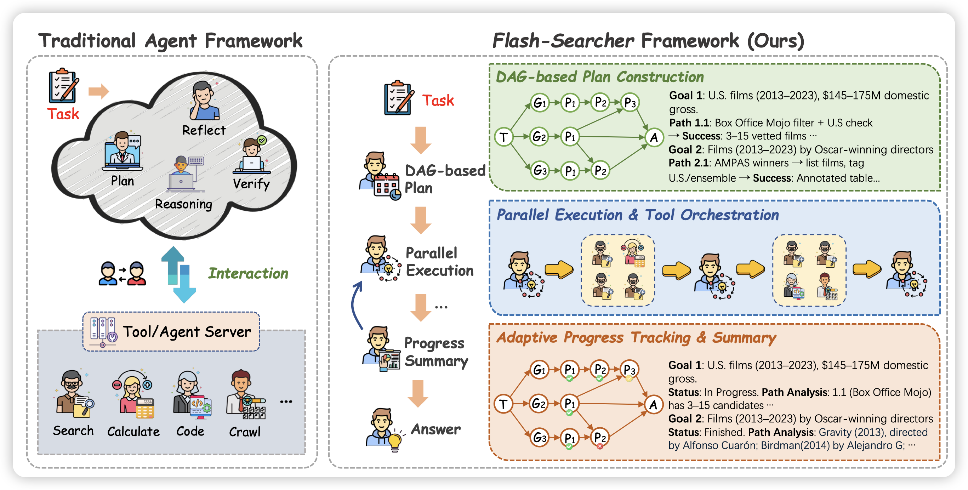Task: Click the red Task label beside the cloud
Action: coord(63,114)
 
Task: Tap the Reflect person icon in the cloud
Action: coord(204,101)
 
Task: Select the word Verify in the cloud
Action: coord(251,184)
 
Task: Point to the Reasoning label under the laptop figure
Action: coord(183,204)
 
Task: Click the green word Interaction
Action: coord(248,273)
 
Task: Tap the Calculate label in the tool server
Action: coord(133,431)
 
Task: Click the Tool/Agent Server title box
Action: coord(171,331)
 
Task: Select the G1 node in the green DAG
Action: coord(540,102)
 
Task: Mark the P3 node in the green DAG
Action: coord(630,102)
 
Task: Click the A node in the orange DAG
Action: coord(654,405)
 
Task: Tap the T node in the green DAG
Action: coord(503,137)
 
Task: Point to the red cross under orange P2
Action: coord(600,446)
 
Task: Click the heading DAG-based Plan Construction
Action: coord(600,77)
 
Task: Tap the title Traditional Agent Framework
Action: coord(170,41)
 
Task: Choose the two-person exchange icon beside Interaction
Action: coord(122,274)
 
